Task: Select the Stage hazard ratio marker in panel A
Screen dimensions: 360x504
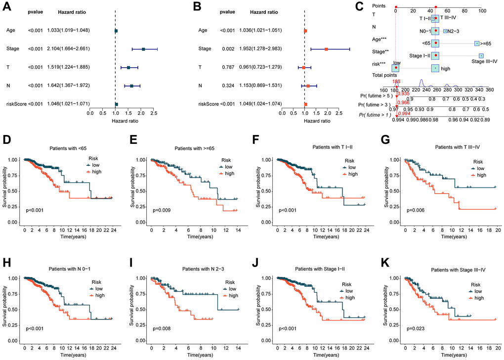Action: [x=143, y=49]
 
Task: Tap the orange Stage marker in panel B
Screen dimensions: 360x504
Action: [x=327, y=49]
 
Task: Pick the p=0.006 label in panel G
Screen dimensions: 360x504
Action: [x=416, y=210]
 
